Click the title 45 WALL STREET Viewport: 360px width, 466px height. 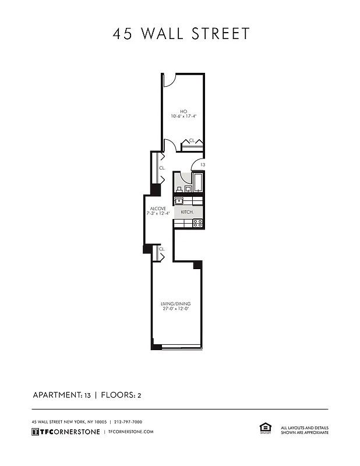[x=181, y=34]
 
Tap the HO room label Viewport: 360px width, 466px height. [x=183, y=111]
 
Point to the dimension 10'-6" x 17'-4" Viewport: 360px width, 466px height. [x=183, y=116]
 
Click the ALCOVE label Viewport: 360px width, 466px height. [x=158, y=209]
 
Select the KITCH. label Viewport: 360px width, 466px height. [x=186, y=212]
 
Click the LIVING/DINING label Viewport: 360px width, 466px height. [x=175, y=304]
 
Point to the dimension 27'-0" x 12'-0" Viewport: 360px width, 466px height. [x=175, y=309]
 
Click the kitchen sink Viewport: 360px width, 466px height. [x=179, y=201]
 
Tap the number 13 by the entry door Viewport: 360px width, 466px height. [x=202, y=165]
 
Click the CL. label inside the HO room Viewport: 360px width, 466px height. [x=191, y=141]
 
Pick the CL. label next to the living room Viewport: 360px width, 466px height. [x=162, y=249]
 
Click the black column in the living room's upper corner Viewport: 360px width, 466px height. [x=197, y=265]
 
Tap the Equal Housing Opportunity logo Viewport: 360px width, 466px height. [x=263, y=428]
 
